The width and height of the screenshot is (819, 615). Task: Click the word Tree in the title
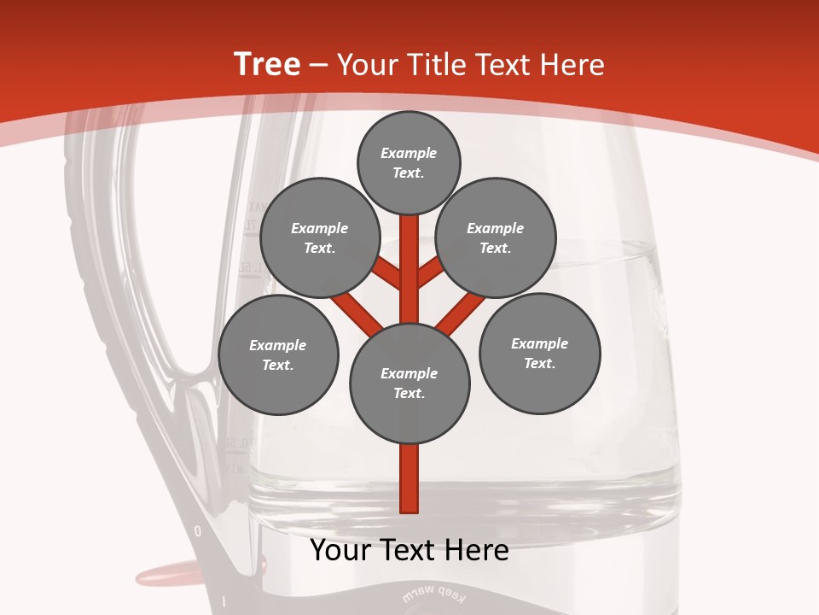click(x=267, y=65)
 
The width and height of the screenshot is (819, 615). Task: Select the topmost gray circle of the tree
click(x=409, y=162)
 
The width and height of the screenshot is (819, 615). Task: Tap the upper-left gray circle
click(x=319, y=237)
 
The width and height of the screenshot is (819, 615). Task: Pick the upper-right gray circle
click(x=495, y=237)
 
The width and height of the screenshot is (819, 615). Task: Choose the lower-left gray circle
click(x=278, y=354)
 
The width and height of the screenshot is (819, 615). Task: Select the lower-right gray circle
click(x=539, y=352)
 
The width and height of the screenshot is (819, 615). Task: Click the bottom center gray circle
click(x=409, y=383)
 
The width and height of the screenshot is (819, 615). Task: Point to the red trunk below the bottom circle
click(x=409, y=478)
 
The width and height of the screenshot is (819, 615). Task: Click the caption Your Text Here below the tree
click(x=409, y=550)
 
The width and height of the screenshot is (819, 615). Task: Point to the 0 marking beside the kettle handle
click(x=198, y=531)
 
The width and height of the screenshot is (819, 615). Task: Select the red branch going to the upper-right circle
click(x=430, y=272)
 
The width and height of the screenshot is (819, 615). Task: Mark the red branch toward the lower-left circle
click(x=357, y=312)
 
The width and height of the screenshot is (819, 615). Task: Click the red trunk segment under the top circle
click(x=409, y=256)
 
